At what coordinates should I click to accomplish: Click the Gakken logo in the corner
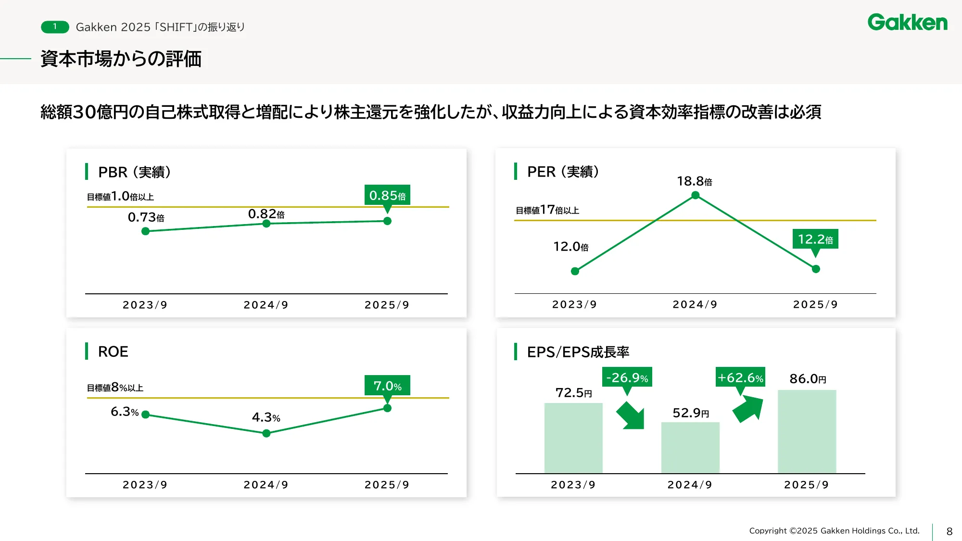tap(907, 23)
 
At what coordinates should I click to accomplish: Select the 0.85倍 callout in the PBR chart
tap(387, 195)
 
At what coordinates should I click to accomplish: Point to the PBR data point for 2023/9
tap(146, 231)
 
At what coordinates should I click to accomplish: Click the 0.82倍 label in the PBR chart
tap(266, 214)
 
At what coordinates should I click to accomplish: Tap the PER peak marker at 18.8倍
tap(695, 195)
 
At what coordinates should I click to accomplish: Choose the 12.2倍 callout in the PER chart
tap(815, 239)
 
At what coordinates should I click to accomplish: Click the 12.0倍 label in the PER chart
tap(570, 247)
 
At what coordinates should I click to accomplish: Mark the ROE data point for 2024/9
tap(266, 433)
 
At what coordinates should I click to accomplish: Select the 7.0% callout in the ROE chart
tap(387, 386)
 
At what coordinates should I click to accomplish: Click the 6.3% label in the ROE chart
tap(125, 412)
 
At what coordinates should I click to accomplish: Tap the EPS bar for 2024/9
tap(690, 448)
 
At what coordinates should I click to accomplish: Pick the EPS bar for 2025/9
tap(807, 431)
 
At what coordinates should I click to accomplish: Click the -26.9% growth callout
tap(627, 377)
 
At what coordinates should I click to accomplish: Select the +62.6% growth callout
tap(740, 377)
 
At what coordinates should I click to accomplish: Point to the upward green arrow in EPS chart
tap(748, 409)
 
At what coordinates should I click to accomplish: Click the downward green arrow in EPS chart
tap(631, 415)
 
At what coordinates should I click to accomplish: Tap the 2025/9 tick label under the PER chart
tap(815, 304)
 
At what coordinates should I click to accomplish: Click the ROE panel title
tap(113, 352)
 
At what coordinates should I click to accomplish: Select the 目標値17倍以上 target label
tap(547, 210)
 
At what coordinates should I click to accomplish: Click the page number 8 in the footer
tap(949, 531)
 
